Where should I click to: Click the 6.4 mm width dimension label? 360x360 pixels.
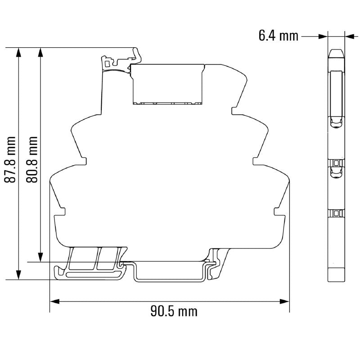coord(278,36)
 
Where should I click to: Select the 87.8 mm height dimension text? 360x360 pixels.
coord(10,160)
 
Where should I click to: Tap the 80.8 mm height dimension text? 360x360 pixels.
coord(32,160)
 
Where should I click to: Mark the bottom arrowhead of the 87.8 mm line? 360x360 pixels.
coord(18,275)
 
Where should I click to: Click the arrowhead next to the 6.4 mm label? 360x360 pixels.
coord(322,36)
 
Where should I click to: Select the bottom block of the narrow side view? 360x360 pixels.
coord(336,273)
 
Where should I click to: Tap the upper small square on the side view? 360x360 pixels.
coord(336,162)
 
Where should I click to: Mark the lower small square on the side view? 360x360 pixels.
coord(336,212)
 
